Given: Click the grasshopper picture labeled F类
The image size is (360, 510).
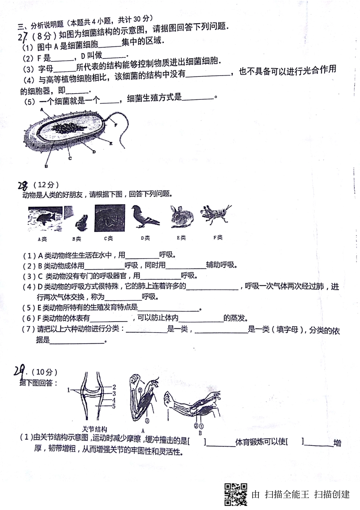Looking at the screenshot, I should (216, 215).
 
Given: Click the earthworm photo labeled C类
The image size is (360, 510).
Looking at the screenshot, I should (110, 218).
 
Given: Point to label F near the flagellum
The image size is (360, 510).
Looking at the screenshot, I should (116, 124).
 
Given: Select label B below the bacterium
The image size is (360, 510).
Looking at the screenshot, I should (46, 166).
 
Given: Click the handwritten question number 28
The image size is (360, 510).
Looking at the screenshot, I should (23, 185).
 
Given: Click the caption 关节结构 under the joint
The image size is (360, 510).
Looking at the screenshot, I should (95, 429).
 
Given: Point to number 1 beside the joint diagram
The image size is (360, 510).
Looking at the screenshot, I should (69, 390).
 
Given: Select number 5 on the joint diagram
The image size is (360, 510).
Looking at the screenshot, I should (114, 406).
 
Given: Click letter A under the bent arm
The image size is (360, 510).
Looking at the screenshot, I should (142, 430).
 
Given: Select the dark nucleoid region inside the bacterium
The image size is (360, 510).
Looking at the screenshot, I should (68, 128).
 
